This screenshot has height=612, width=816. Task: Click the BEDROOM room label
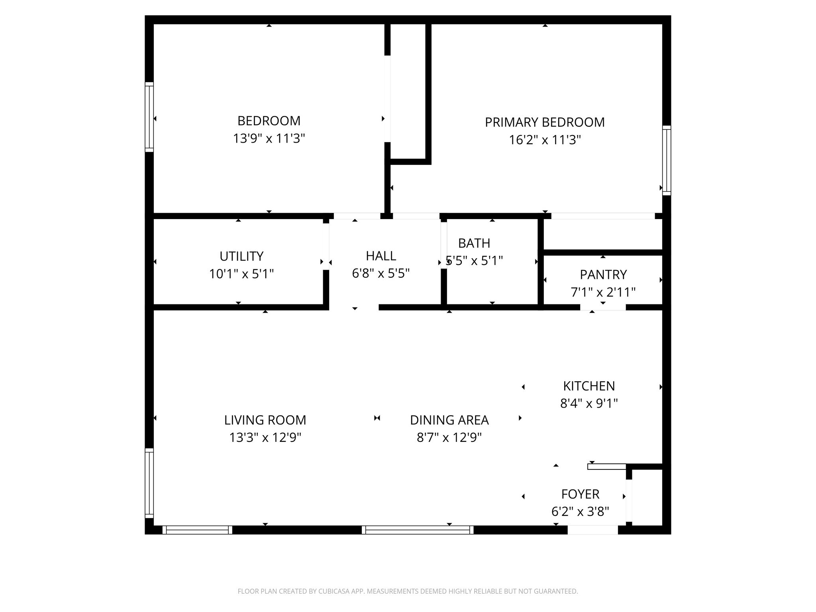tap(269, 121)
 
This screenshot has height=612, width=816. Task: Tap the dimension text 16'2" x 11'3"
tap(545, 140)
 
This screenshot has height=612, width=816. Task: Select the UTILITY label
tap(241, 256)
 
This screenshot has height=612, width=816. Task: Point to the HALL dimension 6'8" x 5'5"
tap(381, 273)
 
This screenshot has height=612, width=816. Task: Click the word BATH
tap(474, 243)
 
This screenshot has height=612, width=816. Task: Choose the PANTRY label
tap(603, 275)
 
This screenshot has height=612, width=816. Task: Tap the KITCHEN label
tap(588, 386)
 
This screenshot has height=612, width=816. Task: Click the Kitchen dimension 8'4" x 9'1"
tap(588, 404)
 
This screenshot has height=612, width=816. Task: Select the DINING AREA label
tap(449, 420)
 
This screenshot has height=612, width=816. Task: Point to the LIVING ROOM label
tap(265, 420)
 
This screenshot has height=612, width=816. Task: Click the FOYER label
tap(580, 494)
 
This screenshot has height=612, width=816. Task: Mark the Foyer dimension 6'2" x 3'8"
tap(580, 512)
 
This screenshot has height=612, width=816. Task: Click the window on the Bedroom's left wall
tap(149, 117)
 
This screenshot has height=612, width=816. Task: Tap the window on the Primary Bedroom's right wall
tap(667, 161)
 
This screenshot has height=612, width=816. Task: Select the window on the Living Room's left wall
tap(149, 483)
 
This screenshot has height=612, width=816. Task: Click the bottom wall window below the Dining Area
tap(418, 530)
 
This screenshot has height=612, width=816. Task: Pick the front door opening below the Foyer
tap(592, 530)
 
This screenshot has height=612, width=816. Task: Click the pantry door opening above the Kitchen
tap(603, 307)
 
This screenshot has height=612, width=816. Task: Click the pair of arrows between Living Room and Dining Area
tap(377, 418)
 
